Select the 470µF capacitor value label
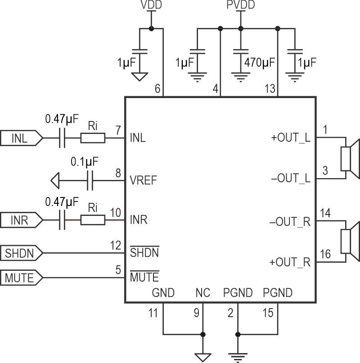[x=260, y=62]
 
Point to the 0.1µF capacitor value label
[x=85, y=161]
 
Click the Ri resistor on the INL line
[x=93, y=139]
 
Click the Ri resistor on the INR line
[x=93, y=221]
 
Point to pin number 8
[x=118, y=172]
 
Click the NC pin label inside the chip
[x=202, y=293]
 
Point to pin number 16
[x=324, y=255]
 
